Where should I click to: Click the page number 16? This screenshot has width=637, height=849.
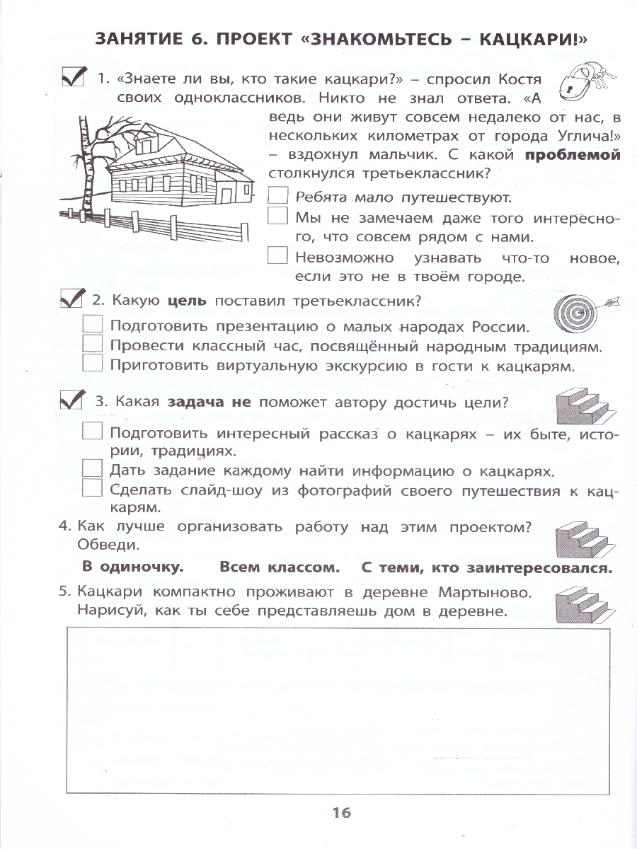pos(341,813)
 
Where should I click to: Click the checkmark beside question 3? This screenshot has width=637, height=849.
pos(73,400)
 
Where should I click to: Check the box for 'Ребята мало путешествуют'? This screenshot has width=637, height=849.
pos(278,196)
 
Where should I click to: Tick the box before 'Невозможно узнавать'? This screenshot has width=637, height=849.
pos(278,256)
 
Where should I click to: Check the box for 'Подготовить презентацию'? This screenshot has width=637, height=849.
pos(93,326)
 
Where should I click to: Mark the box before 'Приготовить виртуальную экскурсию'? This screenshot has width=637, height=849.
pos(93,364)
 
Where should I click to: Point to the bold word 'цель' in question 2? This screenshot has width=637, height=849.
pos(187,301)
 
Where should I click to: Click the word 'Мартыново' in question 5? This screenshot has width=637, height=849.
pos(483,591)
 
